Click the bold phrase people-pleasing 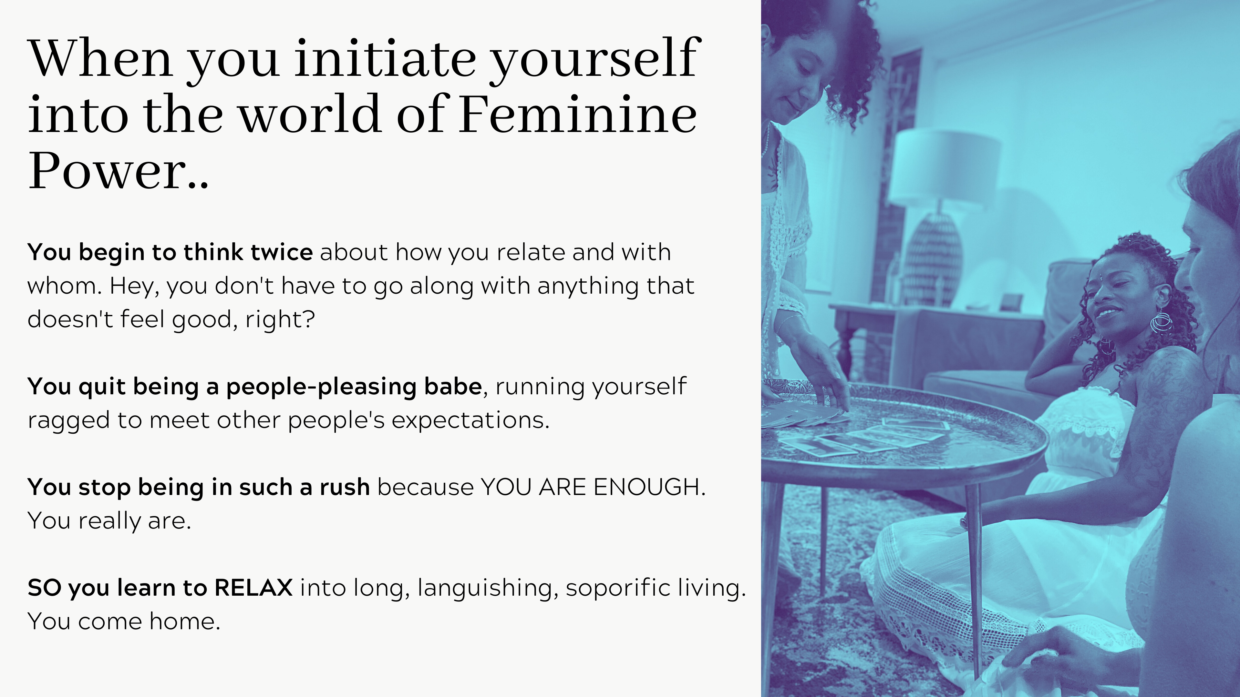pyautogui.click(x=321, y=387)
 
